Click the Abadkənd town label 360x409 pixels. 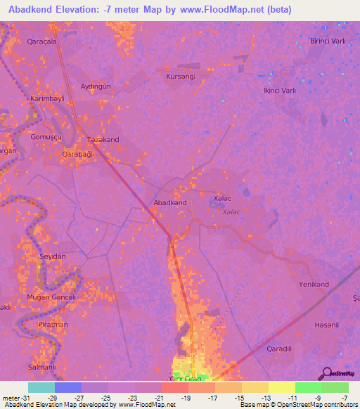(x=170, y=202)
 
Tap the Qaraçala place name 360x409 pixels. (x=41, y=41)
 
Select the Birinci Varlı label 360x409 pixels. (x=328, y=41)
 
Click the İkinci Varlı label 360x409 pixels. (x=279, y=90)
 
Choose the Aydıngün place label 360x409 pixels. (x=96, y=86)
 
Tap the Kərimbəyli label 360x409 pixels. (x=47, y=99)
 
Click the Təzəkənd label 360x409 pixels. (x=103, y=139)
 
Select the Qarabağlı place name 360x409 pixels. (x=78, y=153)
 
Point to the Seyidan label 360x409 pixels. (x=53, y=257)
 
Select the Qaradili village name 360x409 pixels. (x=279, y=348)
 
